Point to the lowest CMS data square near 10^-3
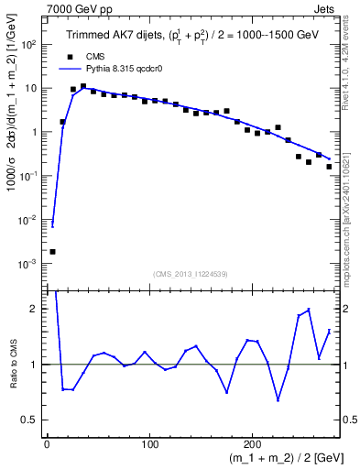click(52, 251)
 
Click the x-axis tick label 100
click(149, 443)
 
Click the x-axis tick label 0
click(47, 443)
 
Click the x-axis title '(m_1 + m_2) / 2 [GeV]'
click(276, 459)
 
